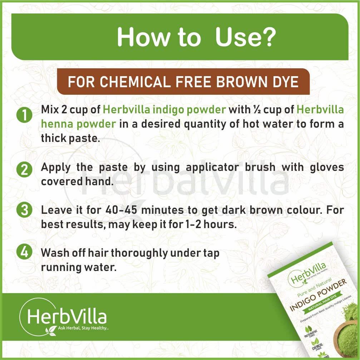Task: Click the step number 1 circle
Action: pos(24,115)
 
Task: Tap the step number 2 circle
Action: pos(24,170)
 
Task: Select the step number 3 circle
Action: pos(24,210)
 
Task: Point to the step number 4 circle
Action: pos(24,252)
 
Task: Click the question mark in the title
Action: pos(268,37)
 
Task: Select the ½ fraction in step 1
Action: pos(257,110)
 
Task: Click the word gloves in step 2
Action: pos(327,167)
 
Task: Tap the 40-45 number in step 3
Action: pos(121,210)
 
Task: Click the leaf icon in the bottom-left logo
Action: pos(51,331)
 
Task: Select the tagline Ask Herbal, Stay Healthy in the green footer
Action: pos(83,328)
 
